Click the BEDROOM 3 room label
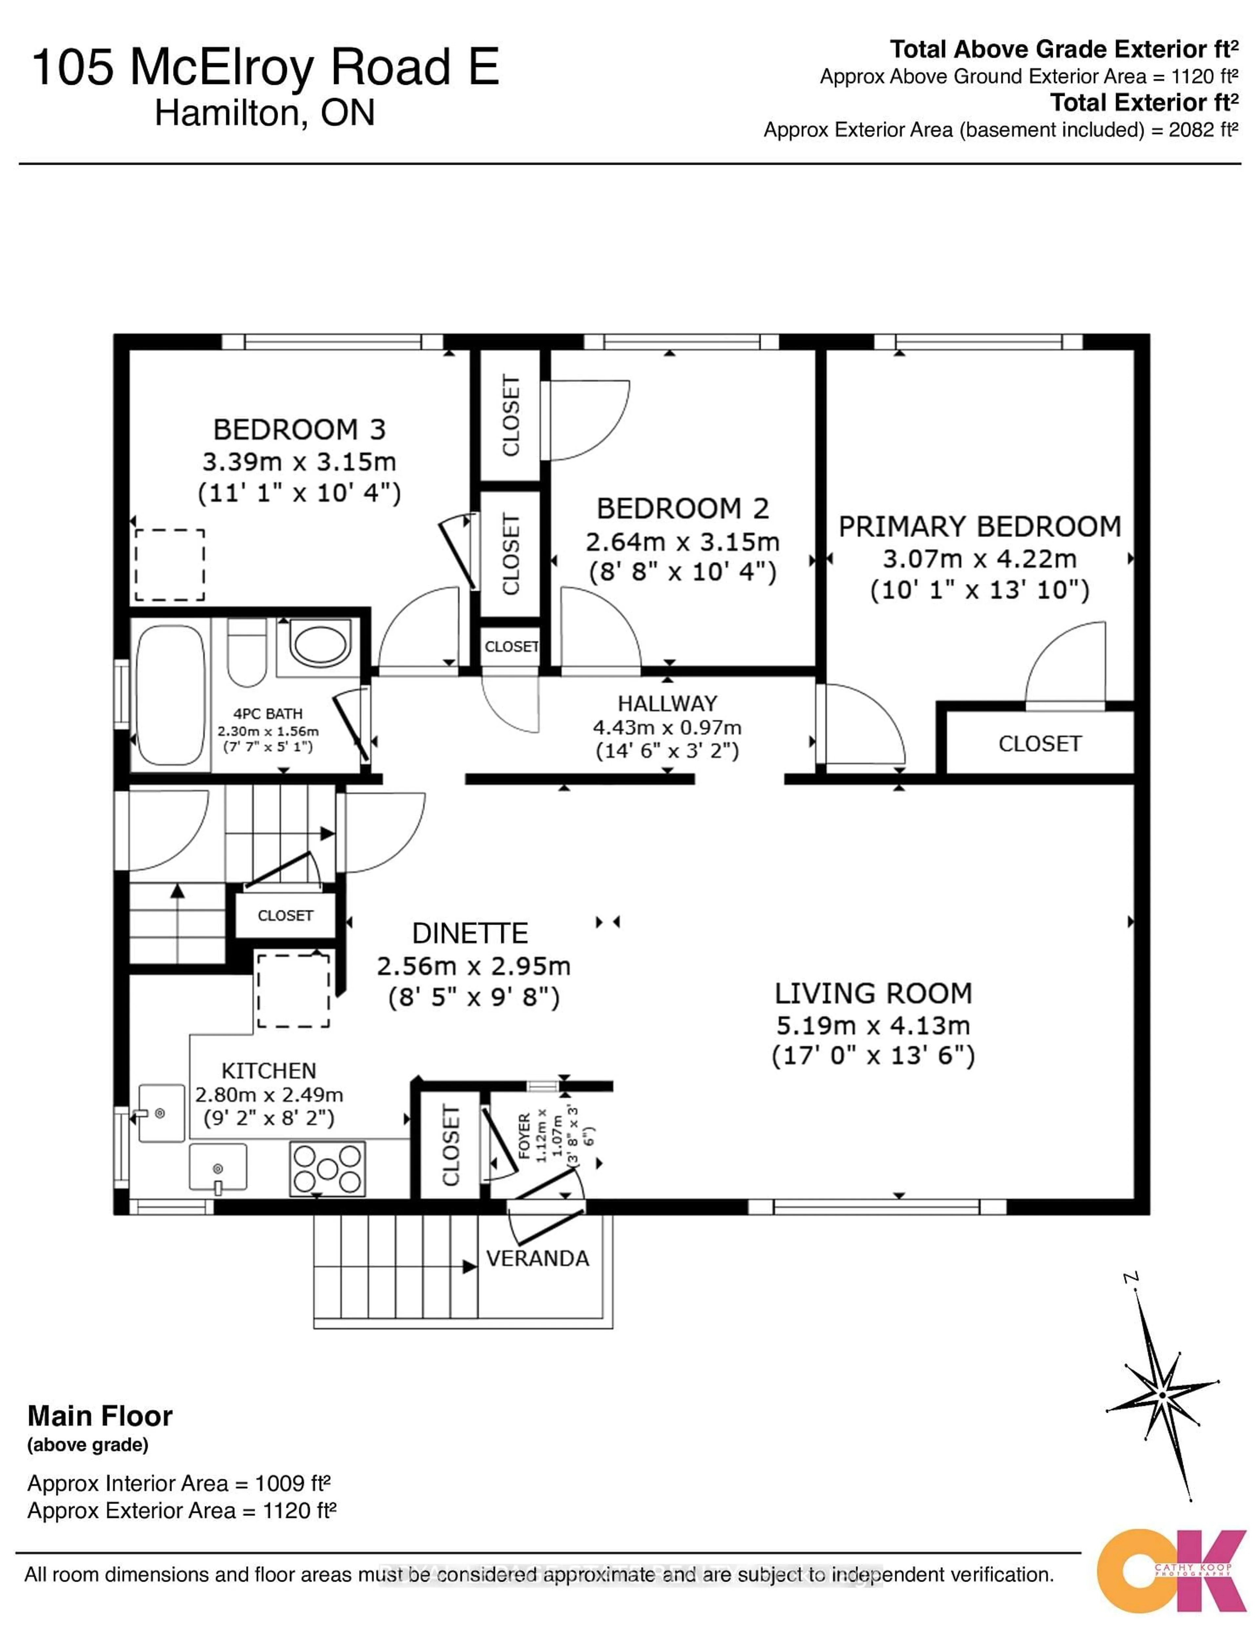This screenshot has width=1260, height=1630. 299,430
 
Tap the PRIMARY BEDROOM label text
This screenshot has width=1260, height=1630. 979,527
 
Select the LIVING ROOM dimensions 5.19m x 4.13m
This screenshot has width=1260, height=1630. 872,1025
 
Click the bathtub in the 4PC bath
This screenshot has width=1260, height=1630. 170,695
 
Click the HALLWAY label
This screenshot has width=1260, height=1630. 666,704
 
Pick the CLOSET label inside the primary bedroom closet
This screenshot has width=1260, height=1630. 1039,744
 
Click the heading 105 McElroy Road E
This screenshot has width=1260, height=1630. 265,67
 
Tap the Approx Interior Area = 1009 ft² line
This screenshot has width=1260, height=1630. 178,1483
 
